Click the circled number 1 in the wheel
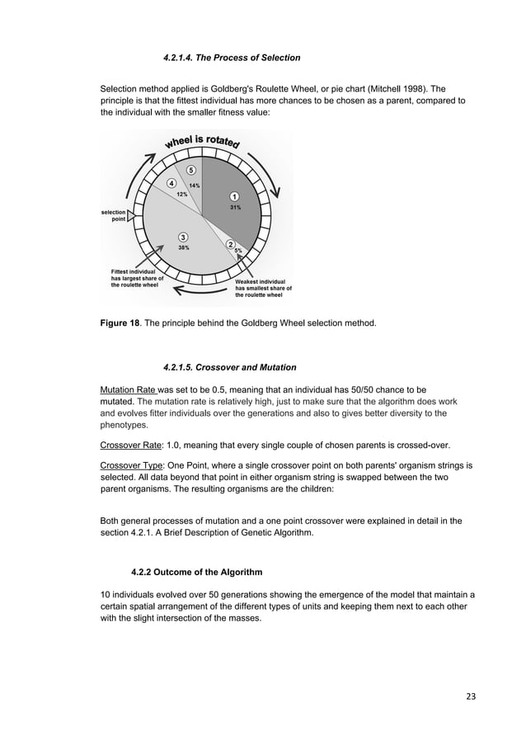pyautogui.click(x=234, y=196)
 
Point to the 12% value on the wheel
pyautogui.click(x=176, y=194)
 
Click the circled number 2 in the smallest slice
pyautogui.click(x=230, y=244)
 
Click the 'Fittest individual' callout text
pyautogui.click(x=137, y=278)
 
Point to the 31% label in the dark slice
pyautogui.click(x=235, y=208)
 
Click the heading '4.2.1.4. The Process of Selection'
pyautogui.click(x=232, y=58)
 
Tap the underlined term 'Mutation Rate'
pyautogui.click(x=127, y=389)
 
